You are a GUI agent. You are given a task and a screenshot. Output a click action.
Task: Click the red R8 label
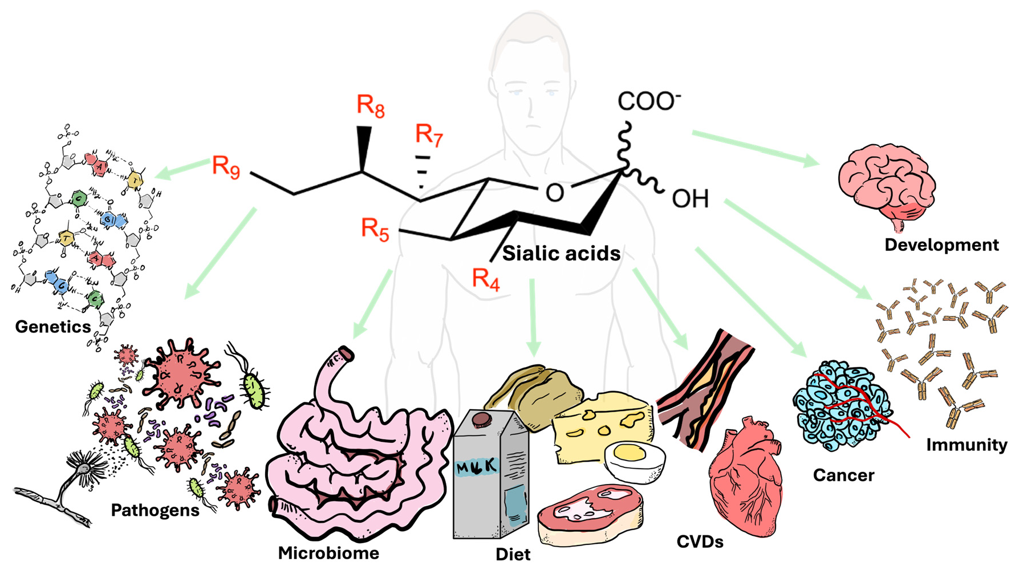(371, 106)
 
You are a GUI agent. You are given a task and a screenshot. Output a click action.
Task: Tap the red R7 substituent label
(429, 136)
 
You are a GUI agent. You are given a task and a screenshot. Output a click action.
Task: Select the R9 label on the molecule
(226, 167)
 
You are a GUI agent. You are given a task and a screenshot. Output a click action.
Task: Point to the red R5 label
(375, 229)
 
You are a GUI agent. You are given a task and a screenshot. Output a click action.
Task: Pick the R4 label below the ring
(486, 279)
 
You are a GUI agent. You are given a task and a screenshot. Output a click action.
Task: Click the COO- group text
(648, 101)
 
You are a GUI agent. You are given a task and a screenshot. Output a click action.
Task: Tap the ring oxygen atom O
(554, 193)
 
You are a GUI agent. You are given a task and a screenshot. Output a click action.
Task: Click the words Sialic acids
(561, 253)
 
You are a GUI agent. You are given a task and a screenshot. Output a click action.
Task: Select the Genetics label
(52, 327)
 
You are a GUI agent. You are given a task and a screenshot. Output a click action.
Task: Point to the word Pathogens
(155, 510)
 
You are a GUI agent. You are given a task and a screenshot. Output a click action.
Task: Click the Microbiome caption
(328, 553)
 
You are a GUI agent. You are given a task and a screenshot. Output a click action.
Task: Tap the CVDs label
(700, 542)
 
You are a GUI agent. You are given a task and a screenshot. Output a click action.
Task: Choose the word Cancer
(843, 475)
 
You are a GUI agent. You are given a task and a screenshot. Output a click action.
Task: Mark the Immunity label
(966, 445)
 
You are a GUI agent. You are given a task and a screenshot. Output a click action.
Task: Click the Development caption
(941, 245)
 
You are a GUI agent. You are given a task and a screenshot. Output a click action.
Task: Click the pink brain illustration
(886, 182)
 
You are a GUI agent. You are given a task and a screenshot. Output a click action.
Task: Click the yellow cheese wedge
(602, 425)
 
